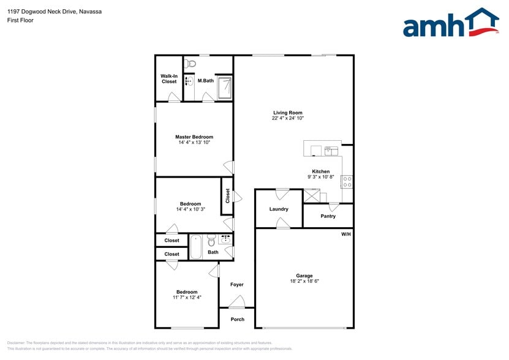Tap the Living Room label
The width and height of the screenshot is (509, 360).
coord(288,113)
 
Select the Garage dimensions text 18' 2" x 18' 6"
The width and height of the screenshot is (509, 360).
coord(304,281)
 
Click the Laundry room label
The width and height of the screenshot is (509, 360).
coord(279,209)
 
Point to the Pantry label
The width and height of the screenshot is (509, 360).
coord(328,216)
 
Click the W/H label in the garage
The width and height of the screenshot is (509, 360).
coord(345,234)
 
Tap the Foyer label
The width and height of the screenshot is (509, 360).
coord(237,285)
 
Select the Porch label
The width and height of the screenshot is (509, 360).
coord(237,319)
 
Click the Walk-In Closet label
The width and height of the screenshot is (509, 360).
coord(169,78)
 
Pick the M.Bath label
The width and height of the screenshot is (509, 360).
coord(205,81)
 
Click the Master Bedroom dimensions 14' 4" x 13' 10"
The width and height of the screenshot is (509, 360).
coord(194,143)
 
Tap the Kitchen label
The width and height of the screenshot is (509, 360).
coord(321,171)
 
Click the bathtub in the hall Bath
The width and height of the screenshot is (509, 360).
coord(196,247)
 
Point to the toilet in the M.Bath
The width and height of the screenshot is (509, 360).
coord(190,62)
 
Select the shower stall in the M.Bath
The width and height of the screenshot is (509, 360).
coord(225,87)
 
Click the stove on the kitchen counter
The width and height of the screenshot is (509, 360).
coord(347,181)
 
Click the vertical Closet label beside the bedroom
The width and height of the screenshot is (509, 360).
coord(228,196)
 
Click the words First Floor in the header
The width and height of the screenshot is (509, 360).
coord(20,20)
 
